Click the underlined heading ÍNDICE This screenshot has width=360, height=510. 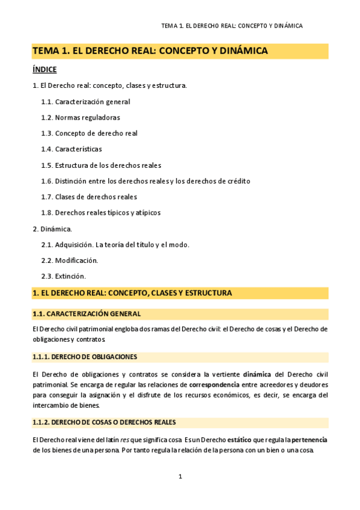(44, 70)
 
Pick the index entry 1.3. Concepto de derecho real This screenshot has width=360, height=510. (90, 134)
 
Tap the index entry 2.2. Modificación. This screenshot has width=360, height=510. (69, 260)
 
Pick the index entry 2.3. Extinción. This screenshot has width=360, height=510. (64, 276)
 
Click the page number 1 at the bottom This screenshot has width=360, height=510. (180, 477)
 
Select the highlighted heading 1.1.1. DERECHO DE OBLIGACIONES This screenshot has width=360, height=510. (85, 357)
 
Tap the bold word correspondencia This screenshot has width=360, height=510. (214, 384)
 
